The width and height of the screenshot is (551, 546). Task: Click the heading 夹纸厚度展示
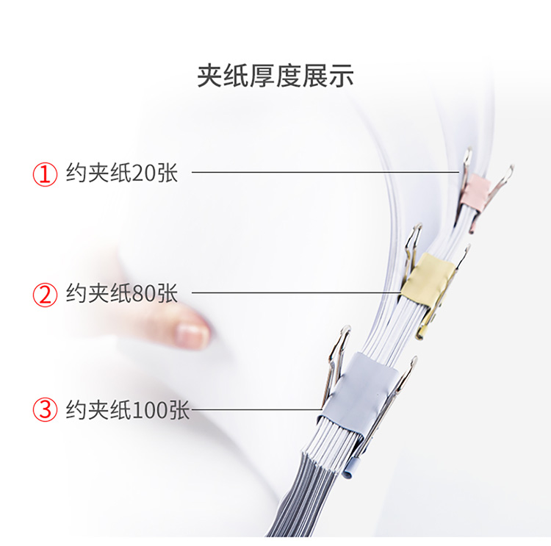pyautogui.click(x=275, y=76)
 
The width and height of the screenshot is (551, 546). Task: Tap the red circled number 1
pyautogui.click(x=45, y=174)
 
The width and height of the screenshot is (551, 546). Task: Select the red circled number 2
pyautogui.click(x=45, y=295)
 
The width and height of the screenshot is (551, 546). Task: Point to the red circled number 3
pyautogui.click(x=45, y=409)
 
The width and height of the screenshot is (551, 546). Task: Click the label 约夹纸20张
pyautogui.click(x=122, y=172)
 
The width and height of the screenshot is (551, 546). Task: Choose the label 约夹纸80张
pyautogui.click(x=122, y=293)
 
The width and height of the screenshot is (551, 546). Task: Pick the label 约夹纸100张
pyautogui.click(x=128, y=409)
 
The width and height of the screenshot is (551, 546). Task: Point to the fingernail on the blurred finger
pyautogui.click(x=192, y=332)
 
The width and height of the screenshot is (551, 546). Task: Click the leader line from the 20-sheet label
pyautogui.click(x=325, y=172)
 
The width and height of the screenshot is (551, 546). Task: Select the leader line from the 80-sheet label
pyautogui.click(x=296, y=292)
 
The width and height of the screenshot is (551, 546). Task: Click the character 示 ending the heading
pyautogui.click(x=341, y=76)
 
